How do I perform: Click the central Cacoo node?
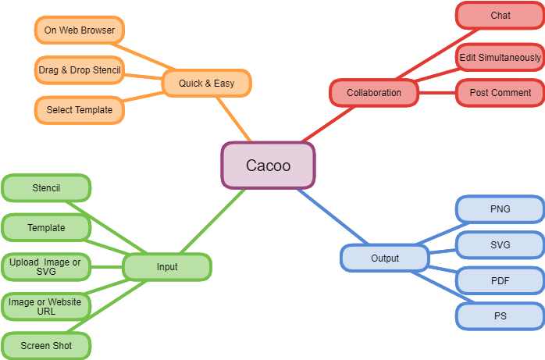tap(269, 166)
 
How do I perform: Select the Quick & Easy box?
tap(207, 83)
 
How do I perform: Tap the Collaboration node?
tap(374, 93)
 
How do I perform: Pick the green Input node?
tap(167, 267)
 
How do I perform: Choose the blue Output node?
tap(385, 258)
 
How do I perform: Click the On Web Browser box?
tap(80, 30)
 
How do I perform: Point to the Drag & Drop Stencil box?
tap(80, 70)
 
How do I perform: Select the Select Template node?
tap(80, 110)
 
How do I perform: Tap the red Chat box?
tap(500, 16)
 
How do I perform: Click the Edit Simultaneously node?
tap(500, 58)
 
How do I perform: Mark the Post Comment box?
tap(500, 93)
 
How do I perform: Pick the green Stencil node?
tap(46, 188)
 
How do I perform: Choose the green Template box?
tap(46, 228)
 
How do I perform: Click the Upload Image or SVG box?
tap(46, 267)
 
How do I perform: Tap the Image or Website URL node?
tap(46, 306)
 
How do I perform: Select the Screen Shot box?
tap(46, 345)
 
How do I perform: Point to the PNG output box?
tap(500, 209)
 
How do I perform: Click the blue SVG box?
tap(500, 245)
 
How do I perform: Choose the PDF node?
tap(500, 280)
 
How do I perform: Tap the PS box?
tap(500, 316)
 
